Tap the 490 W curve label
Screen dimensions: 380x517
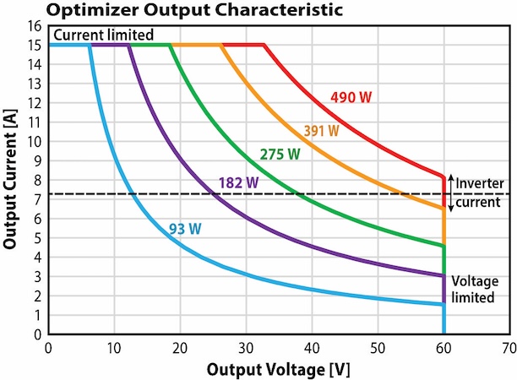pos(350,97)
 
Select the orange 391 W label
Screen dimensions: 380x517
pos(321,131)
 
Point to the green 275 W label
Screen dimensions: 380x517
pos(280,155)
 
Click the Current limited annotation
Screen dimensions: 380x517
pos(103,35)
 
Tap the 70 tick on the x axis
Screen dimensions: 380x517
pos(509,346)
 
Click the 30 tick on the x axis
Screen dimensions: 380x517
pos(245,346)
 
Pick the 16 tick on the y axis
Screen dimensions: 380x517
pos(36,26)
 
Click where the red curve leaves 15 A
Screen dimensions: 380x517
pos(264,45)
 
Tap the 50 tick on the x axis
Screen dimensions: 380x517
pos(377,346)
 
